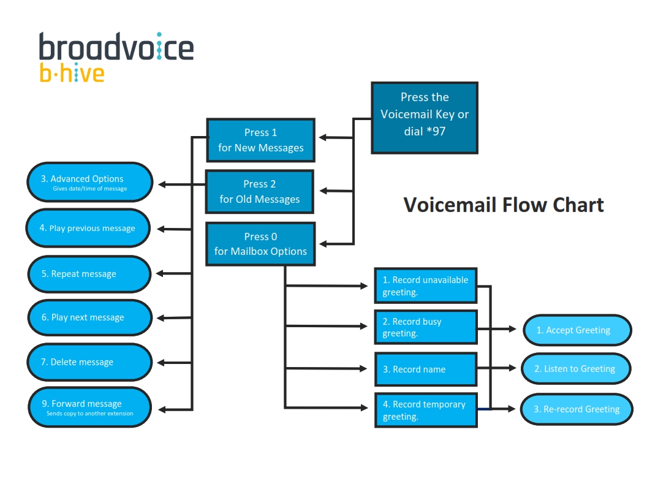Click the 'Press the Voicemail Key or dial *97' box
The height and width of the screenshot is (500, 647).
pyautogui.click(x=424, y=118)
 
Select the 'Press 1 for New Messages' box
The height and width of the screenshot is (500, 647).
pyautogui.click(x=260, y=140)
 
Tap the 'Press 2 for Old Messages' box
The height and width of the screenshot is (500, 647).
pyautogui.click(x=260, y=192)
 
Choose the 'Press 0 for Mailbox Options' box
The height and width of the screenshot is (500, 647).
pyautogui.click(x=260, y=244)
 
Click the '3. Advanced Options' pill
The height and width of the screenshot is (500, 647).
pyautogui.click(x=89, y=182)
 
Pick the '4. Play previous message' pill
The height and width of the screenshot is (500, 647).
pyautogui.click(x=88, y=228)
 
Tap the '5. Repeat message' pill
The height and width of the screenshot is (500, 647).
pyautogui.click(x=89, y=274)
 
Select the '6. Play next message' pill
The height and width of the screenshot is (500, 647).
pyautogui.click(x=89, y=317)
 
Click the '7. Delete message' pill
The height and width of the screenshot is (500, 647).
pyautogui.click(x=89, y=362)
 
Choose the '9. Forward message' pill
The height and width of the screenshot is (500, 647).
pyautogui.click(x=89, y=407)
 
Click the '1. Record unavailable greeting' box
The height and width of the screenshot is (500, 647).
pyautogui.click(x=426, y=286)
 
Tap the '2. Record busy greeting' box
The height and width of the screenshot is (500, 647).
pyautogui.click(x=426, y=327)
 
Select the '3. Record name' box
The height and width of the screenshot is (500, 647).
pyautogui.click(x=426, y=369)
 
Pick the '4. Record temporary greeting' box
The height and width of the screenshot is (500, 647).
pyautogui.click(x=426, y=411)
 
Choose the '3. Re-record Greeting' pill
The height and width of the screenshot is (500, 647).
pyautogui.click(x=577, y=409)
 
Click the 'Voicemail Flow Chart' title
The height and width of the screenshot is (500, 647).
pyautogui.click(x=503, y=205)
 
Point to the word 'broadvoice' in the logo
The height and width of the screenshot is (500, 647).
pyautogui.click(x=116, y=47)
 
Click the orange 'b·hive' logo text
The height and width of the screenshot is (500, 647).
pyautogui.click(x=72, y=73)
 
